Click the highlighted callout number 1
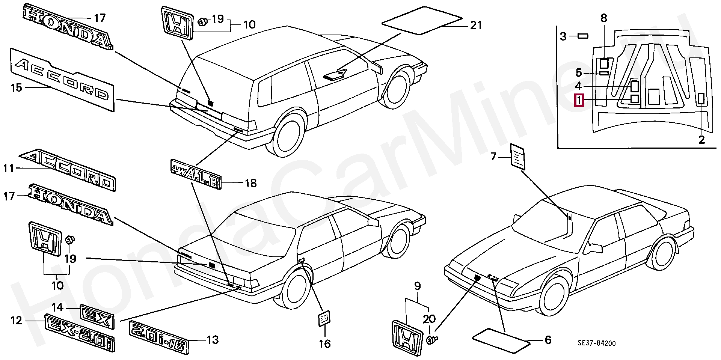[579, 100]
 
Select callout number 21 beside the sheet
[476, 25]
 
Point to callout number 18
[250, 183]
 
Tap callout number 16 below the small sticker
[325, 343]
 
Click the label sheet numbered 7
[517, 156]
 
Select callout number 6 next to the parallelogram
[548, 340]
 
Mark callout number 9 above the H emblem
[418, 286]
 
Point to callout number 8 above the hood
[603, 18]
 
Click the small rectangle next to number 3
[583, 36]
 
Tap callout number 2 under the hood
[701, 140]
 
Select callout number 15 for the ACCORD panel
[16, 88]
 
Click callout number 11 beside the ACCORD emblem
[9, 169]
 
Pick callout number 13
[213, 340]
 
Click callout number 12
[16, 321]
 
